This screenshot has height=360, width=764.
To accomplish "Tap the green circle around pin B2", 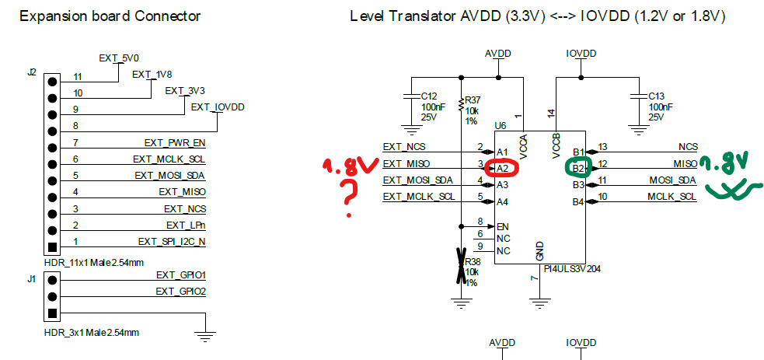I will tap(578, 166).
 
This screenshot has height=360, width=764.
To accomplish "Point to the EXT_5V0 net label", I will tap(118, 58).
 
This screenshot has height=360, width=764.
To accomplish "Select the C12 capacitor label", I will tap(427, 96).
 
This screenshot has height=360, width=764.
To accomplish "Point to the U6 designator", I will tap(501, 124).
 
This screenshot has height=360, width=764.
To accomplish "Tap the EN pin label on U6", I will tap(503, 225).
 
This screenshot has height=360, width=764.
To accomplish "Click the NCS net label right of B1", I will tap(688, 146).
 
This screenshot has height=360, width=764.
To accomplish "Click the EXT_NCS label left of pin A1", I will tap(404, 146).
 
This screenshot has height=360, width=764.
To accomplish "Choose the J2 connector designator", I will tap(32, 72).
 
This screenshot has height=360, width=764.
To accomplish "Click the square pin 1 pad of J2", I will tap(52, 248).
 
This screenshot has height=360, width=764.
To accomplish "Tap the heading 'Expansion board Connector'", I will tap(110, 16).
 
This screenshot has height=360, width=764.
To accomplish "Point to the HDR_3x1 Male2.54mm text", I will tap(91, 332).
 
